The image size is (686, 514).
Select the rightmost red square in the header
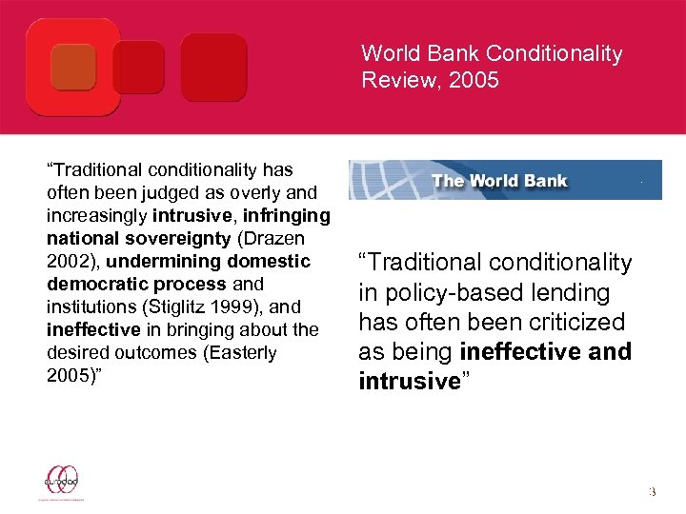pos(213,67)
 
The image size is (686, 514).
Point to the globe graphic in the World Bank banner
pos(381,180)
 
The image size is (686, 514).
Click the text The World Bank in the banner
pos(499,181)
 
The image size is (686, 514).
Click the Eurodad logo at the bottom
pos(61,481)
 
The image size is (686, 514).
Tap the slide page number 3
pos(653,492)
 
